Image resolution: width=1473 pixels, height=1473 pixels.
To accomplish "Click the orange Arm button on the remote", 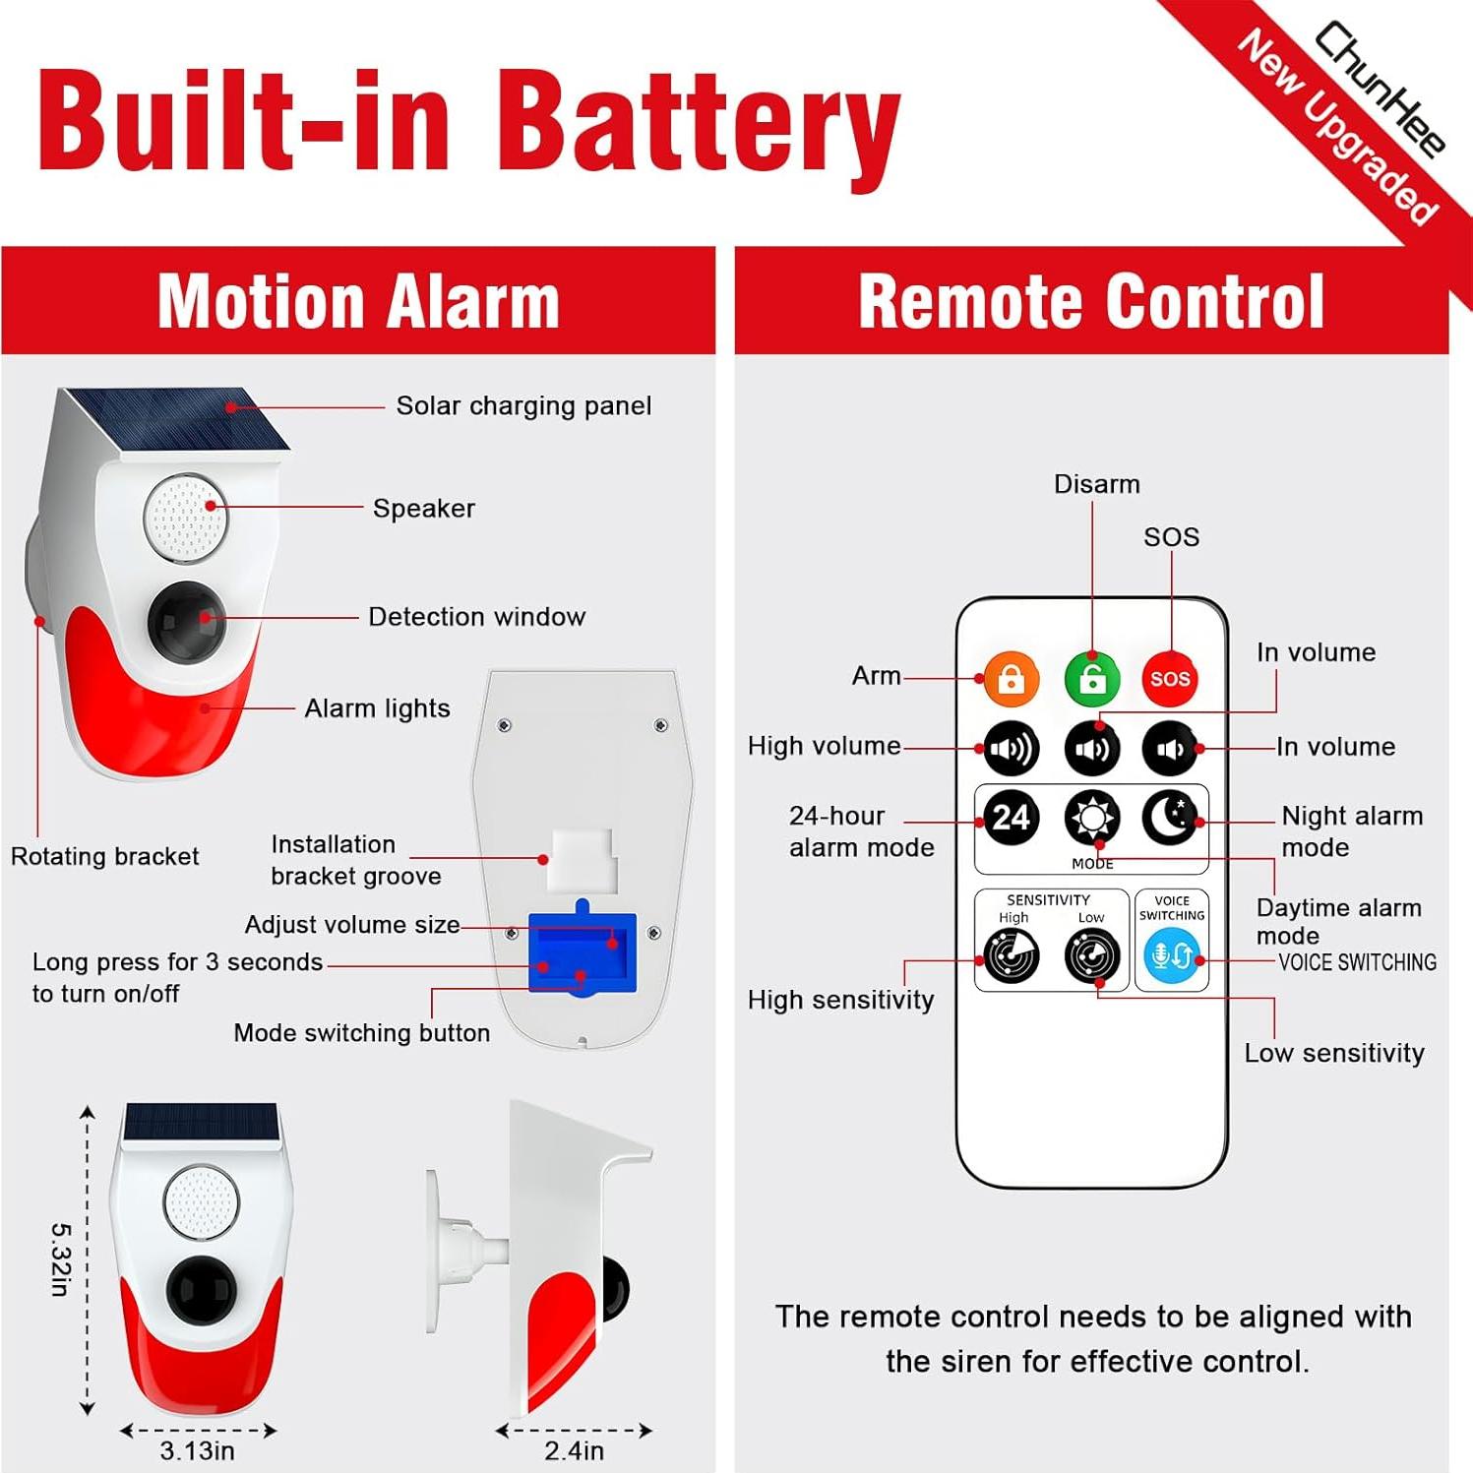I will [x=1011, y=679].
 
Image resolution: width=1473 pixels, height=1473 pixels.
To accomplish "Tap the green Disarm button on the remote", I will [x=1092, y=679].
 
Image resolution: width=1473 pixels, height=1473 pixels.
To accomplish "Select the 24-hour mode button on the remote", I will [x=1011, y=818].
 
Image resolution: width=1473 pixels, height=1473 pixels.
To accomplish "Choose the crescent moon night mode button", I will [x=1170, y=818].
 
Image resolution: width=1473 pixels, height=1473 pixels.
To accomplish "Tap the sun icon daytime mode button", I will [x=1092, y=818].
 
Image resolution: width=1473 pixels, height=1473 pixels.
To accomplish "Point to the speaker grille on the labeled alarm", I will [x=185, y=518].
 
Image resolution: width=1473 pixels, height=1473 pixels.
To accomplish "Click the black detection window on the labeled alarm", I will [x=186, y=621].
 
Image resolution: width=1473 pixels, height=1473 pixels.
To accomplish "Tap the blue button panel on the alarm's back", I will [x=583, y=952].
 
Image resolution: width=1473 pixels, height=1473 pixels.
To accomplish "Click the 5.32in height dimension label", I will [x=60, y=1259].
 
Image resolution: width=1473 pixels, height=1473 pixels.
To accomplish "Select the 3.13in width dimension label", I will [x=198, y=1450].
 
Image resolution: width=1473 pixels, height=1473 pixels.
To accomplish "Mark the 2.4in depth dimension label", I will [x=574, y=1450].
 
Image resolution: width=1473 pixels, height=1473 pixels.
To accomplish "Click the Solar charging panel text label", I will [x=523, y=405].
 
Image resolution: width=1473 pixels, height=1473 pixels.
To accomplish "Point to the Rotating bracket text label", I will [x=104, y=856].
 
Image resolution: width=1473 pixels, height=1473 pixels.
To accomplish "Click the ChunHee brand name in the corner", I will [x=1381, y=89].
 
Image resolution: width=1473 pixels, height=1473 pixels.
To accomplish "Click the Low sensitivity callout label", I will [x=1333, y=1053].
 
